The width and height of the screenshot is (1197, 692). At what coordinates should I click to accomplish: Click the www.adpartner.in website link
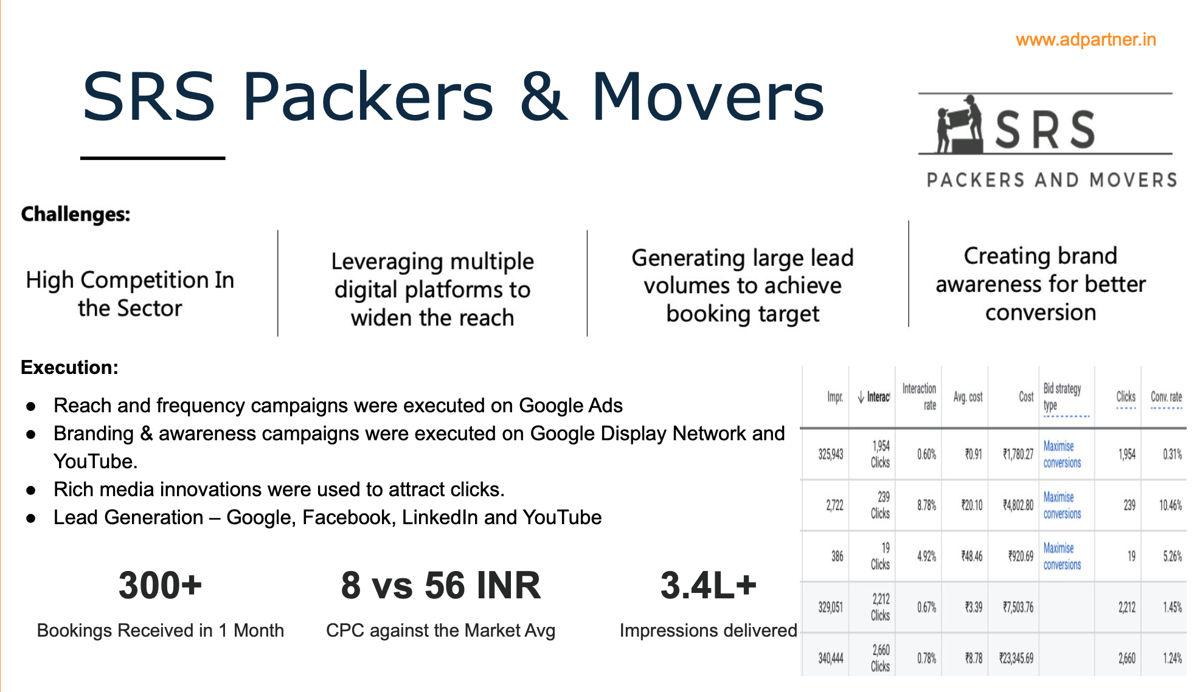[x=1086, y=40]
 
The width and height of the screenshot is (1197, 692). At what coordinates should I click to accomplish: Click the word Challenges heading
[x=76, y=214]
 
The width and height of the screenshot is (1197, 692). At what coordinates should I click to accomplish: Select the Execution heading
[x=69, y=367]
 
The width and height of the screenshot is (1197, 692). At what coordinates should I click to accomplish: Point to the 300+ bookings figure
[x=160, y=585]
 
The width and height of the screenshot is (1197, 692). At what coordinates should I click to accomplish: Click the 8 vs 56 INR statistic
[x=441, y=585]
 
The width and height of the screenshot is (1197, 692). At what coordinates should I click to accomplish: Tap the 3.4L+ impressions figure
[x=709, y=585]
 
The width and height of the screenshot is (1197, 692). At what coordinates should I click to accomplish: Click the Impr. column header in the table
[x=835, y=397]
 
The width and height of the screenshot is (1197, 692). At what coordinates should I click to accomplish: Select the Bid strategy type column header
[x=1063, y=397]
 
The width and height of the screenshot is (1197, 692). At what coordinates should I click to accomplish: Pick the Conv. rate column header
[x=1166, y=397]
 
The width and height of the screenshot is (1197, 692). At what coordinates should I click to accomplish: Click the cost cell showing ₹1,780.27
[x=1018, y=454]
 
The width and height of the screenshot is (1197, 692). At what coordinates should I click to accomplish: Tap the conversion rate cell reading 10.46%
[x=1170, y=505]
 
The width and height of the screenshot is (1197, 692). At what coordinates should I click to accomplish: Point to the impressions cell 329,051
[x=830, y=607]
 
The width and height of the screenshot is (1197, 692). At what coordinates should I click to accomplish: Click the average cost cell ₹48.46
[x=971, y=556]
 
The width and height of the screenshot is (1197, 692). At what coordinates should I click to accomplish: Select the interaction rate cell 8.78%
[x=926, y=505]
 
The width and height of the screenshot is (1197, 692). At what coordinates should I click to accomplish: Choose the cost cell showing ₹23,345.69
[x=1016, y=659]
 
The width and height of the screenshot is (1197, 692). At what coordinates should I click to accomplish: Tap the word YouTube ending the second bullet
[x=95, y=462]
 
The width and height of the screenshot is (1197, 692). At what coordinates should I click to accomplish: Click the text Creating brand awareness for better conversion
[x=1041, y=284]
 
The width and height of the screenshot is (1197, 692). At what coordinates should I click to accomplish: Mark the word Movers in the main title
[x=708, y=97]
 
